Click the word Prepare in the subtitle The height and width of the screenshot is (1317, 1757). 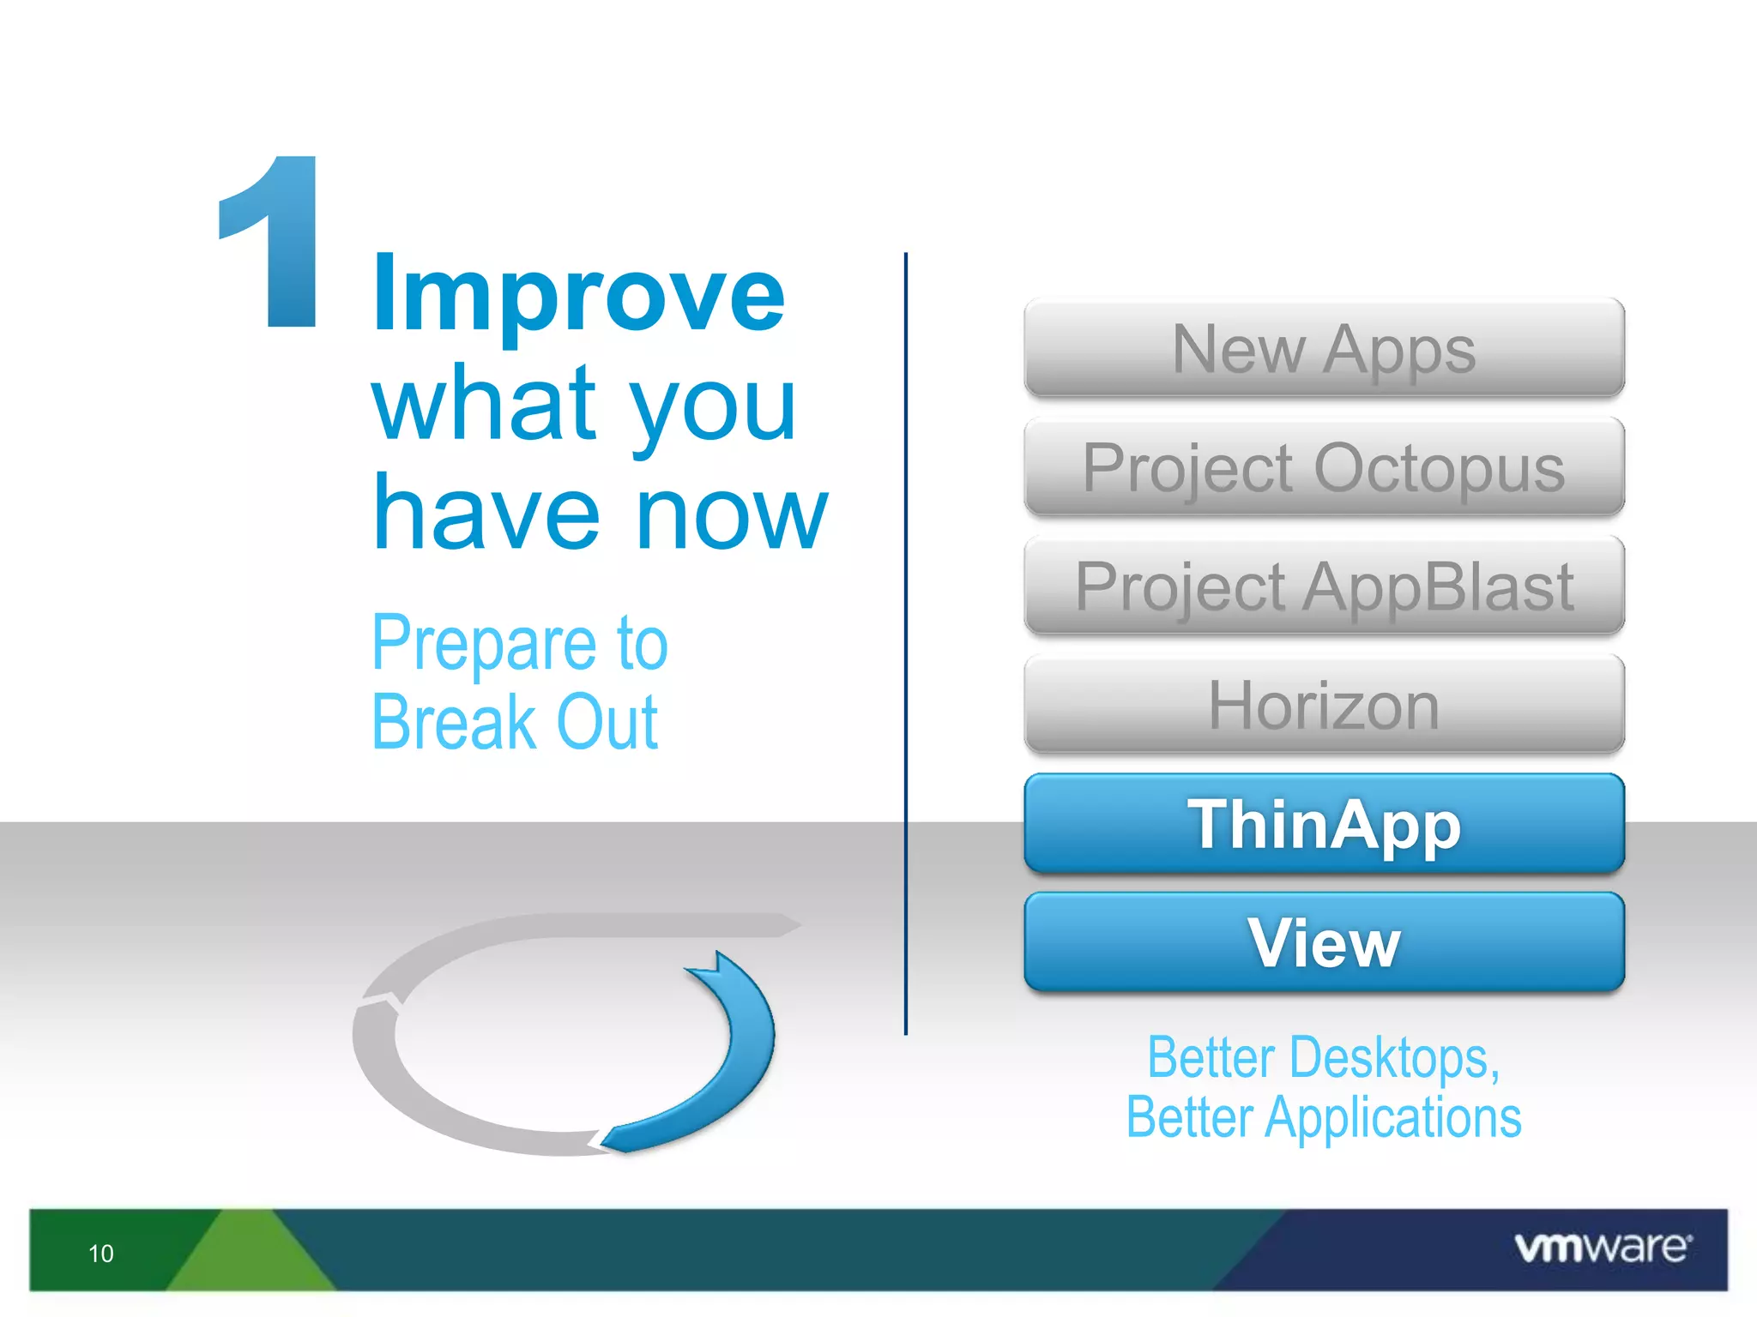[485, 645]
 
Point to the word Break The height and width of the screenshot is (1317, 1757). [454, 723]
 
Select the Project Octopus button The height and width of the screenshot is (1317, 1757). [1324, 467]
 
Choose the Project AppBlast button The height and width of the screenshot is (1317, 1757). [1324, 586]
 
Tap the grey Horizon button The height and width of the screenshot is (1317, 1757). [1324, 705]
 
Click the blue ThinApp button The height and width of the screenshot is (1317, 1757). [1324, 824]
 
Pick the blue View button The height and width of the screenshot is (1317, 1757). [1324, 942]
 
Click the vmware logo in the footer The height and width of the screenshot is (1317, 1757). [1603, 1248]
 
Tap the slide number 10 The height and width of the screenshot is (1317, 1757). [101, 1254]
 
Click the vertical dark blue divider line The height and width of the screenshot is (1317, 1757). [905, 643]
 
